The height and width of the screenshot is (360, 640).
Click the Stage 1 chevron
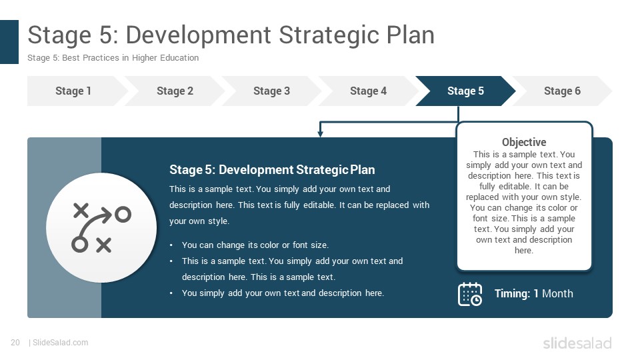[x=73, y=91]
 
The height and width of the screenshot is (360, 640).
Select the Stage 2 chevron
[x=175, y=91]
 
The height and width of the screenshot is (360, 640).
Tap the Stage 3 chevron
[x=271, y=91]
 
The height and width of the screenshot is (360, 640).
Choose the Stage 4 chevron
[x=368, y=91]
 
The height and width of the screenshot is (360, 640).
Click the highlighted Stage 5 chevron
[x=465, y=91]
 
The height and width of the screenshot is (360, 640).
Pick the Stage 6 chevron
[x=562, y=91]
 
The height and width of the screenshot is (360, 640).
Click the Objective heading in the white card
[x=524, y=142]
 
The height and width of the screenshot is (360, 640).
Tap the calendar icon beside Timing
[x=470, y=294]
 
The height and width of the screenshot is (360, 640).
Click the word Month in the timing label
[x=557, y=293]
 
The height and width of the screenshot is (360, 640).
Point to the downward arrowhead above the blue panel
[x=321, y=133]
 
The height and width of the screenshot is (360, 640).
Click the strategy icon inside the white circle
[x=101, y=227]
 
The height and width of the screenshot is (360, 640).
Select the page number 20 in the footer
[x=15, y=343]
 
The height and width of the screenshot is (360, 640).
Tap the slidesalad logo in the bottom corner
[x=577, y=343]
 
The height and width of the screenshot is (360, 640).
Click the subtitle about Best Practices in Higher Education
[x=113, y=58]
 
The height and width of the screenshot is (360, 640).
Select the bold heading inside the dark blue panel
[x=272, y=170]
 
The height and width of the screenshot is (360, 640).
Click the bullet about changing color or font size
[x=255, y=245]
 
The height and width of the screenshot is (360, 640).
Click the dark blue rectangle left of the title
[x=9, y=42]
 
